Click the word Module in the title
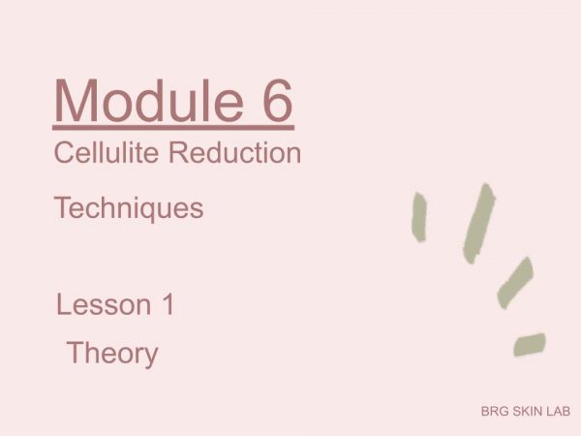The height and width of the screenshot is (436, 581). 149,101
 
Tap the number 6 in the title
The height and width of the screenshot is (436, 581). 275,101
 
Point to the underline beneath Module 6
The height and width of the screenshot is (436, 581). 173,128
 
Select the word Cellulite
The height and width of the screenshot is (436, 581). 107,152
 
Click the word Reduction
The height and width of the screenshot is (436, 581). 234,152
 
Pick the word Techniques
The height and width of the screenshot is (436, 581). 129,208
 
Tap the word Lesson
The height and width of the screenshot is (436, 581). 104,305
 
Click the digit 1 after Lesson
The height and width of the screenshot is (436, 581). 168,304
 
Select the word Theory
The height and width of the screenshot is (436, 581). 112,354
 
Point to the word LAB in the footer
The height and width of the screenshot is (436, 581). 558,411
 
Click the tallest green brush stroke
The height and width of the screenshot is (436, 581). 478,224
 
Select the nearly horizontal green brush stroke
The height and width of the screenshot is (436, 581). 530,344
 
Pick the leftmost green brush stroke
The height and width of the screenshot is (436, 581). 419,217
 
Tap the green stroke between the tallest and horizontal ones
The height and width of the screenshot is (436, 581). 515,283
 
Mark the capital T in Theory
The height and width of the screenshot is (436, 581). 76,353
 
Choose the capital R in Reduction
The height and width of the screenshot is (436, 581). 178,152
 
